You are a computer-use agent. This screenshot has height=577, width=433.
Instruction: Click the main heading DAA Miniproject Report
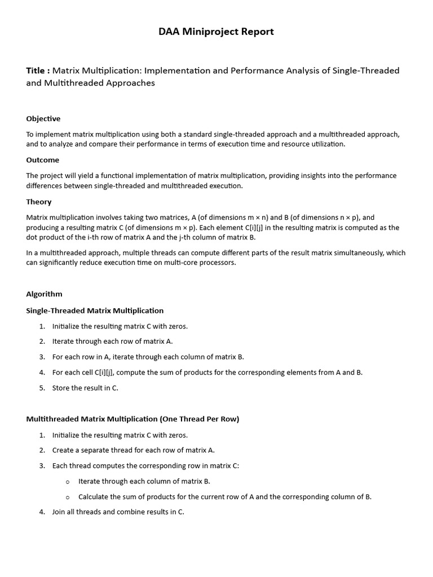click(216, 32)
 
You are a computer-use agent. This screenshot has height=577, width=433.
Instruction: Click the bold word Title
click(37, 70)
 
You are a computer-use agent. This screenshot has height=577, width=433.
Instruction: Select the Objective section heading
click(43, 118)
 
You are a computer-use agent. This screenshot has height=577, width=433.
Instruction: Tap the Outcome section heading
click(42, 160)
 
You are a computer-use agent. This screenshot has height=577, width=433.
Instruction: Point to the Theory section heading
click(39, 202)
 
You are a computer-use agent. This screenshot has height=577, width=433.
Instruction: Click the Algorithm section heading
click(44, 294)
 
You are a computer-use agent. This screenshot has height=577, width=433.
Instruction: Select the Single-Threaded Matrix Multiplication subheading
click(95, 310)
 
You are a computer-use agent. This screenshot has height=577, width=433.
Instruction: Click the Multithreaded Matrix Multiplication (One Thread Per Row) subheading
click(132, 419)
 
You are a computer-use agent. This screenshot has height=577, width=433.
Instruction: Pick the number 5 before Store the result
click(42, 388)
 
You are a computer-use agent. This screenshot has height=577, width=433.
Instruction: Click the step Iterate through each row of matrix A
click(112, 341)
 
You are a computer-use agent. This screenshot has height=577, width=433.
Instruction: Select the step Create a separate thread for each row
click(133, 450)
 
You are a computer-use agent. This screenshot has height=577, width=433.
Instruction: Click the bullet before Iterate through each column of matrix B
click(68, 482)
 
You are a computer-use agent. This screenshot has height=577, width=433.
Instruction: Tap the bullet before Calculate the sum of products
click(68, 498)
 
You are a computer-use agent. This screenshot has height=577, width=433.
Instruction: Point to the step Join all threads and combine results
click(118, 512)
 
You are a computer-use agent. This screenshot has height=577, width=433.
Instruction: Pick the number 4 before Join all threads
click(42, 512)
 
